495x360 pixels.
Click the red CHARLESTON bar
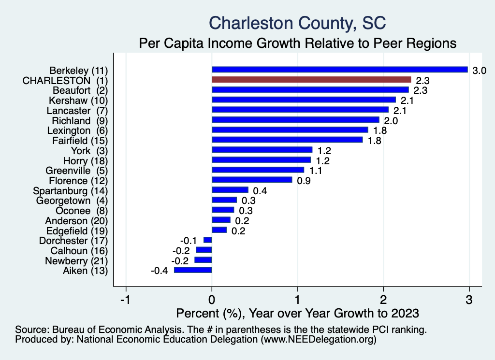click(x=311, y=79)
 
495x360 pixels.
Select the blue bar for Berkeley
click(x=339, y=70)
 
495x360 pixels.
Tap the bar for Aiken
click(x=193, y=270)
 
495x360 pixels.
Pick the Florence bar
click(x=252, y=180)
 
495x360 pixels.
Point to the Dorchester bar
click(x=208, y=240)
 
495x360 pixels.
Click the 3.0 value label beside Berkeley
click(x=479, y=71)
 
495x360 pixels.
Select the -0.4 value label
click(x=159, y=271)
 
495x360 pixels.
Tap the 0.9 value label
click(x=304, y=181)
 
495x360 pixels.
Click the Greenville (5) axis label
click(x=76, y=171)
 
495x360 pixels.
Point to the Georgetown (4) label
click(x=72, y=201)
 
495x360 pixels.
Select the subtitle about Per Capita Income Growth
click(x=297, y=43)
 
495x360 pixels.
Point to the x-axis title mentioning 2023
click(x=297, y=313)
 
